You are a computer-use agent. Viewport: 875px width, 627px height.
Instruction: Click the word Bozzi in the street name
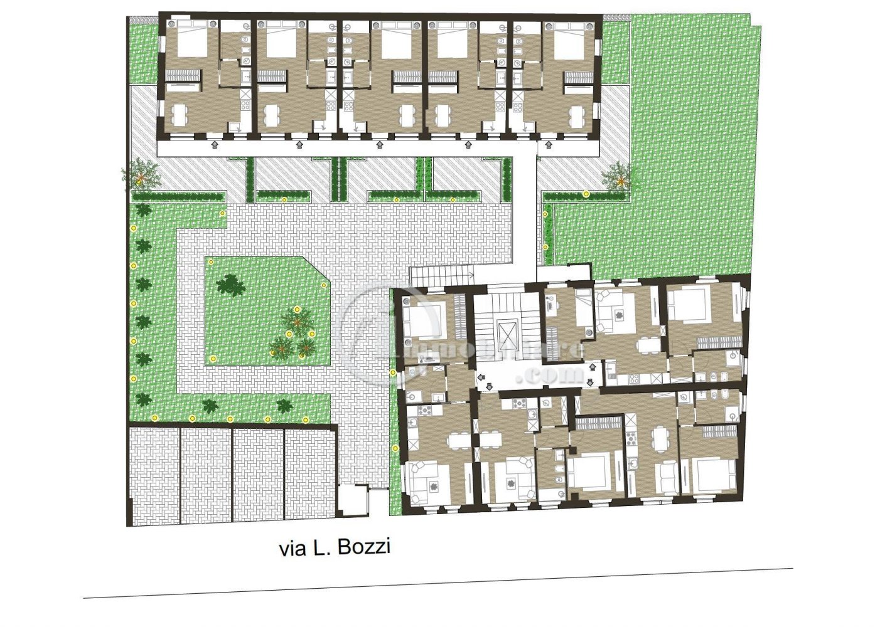tap(364, 547)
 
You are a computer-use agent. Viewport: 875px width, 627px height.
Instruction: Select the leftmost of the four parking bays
tap(154, 475)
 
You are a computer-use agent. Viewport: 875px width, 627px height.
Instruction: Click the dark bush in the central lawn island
tap(231, 286)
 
